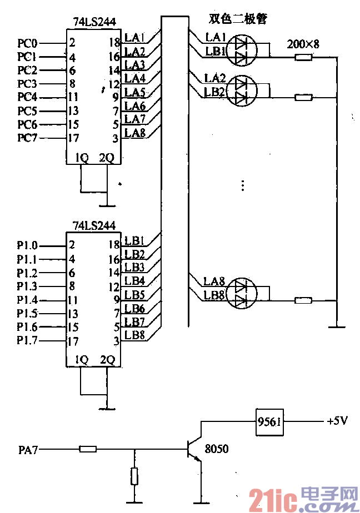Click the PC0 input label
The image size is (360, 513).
click(x=27, y=43)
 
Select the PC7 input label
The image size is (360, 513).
click(x=27, y=138)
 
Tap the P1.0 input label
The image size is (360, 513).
click(x=27, y=245)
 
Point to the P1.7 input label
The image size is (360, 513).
click(x=27, y=340)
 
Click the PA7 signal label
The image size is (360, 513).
click(x=27, y=449)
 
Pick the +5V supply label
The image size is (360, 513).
click(x=337, y=421)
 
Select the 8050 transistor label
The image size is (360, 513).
click(x=217, y=448)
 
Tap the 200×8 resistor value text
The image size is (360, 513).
click(x=303, y=44)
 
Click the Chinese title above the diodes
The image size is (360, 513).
click(x=238, y=19)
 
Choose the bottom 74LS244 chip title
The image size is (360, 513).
click(x=94, y=226)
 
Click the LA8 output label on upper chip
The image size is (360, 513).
click(x=134, y=133)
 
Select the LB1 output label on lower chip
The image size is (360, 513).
click(x=134, y=241)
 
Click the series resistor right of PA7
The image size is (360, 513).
click(x=88, y=449)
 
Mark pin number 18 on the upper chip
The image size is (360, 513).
click(x=114, y=43)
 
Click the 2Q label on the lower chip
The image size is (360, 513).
click(x=107, y=360)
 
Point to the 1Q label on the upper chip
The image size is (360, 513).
click(x=82, y=158)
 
